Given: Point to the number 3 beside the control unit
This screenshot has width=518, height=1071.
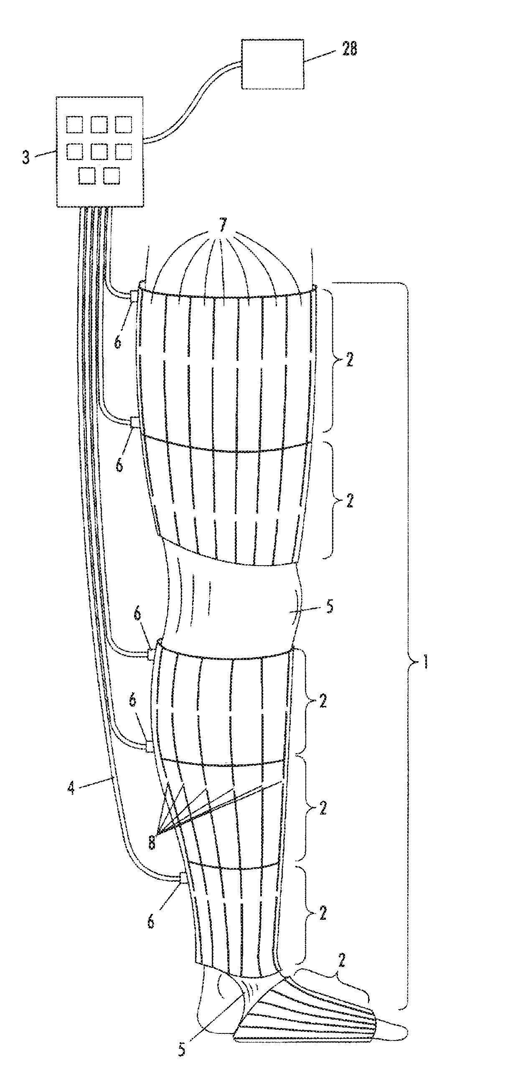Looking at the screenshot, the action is [27, 158].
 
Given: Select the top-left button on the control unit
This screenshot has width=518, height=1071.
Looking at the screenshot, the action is [74, 124].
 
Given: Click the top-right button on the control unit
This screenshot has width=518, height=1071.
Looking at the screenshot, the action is [124, 124].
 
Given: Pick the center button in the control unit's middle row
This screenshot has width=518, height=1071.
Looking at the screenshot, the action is [99, 151].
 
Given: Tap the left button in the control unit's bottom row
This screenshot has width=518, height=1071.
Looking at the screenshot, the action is [87, 175].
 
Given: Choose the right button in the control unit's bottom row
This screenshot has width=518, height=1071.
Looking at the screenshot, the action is [112, 175].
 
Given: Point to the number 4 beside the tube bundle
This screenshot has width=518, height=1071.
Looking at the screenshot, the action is [72, 789].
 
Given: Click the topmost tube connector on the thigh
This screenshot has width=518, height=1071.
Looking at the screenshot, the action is [135, 296].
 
